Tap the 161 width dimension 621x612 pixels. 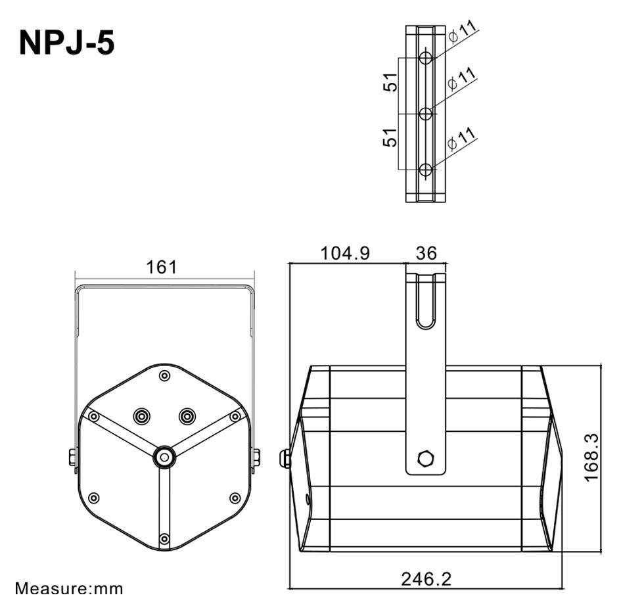162,267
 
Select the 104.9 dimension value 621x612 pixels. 344,253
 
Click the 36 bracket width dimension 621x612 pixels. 426,253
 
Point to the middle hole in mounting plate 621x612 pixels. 426,114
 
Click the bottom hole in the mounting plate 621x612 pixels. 426,170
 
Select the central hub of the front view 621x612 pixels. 164,456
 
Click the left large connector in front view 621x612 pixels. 141,415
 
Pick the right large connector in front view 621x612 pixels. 187,415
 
